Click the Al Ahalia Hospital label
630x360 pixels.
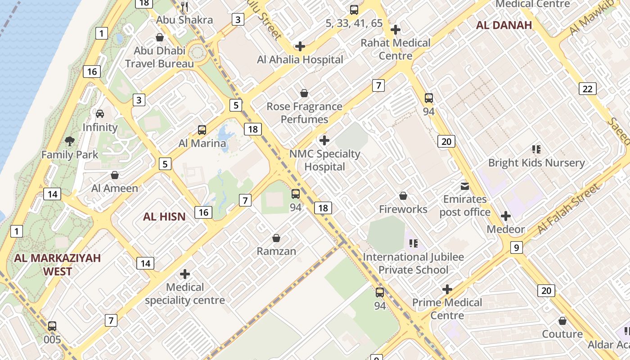coord(300,59)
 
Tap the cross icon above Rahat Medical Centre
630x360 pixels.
coord(396,30)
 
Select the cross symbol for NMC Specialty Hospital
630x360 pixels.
coord(324,140)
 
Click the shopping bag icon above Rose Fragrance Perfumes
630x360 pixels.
coord(304,93)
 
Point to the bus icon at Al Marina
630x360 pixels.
coord(202,130)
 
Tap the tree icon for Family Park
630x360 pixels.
coord(70,141)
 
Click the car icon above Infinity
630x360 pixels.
coord(100,113)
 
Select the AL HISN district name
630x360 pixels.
coord(164,217)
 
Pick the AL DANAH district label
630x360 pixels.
coord(504,25)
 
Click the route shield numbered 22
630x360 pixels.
coord(587,89)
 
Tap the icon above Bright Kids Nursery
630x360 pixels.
coord(536,149)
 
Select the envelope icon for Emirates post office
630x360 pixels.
coord(464,186)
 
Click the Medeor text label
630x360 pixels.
coord(506,229)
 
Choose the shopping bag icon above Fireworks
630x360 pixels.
coord(403,196)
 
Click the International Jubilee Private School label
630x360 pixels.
coord(413,263)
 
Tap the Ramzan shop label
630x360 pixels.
coord(276,251)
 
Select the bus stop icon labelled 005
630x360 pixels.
coord(52,326)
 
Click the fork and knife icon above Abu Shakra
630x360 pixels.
coord(184,6)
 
